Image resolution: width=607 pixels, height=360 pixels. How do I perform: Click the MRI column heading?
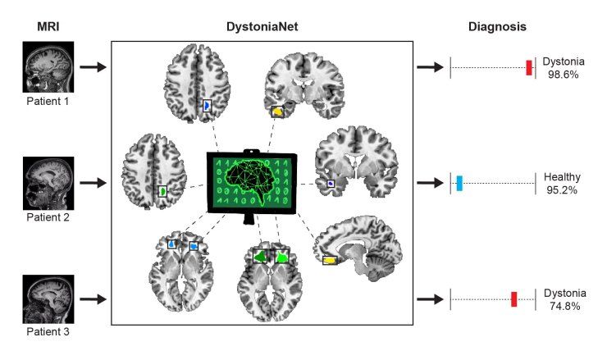[x=48, y=27]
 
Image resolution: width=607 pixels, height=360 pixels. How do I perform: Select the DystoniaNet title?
[x=262, y=27]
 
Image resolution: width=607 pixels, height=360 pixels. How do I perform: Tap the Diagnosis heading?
[x=497, y=27]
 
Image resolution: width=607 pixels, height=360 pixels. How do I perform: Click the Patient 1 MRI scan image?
[x=48, y=67]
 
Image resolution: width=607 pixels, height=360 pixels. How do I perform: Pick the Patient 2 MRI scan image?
[x=48, y=183]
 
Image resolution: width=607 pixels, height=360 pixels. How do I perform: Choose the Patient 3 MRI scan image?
[x=48, y=299]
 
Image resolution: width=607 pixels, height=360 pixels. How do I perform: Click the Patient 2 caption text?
[x=48, y=217]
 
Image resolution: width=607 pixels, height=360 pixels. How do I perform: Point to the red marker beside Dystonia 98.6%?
[x=529, y=68]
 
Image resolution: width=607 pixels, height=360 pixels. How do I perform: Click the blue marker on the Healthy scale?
[x=459, y=183]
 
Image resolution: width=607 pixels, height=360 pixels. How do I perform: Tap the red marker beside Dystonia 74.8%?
[x=513, y=299]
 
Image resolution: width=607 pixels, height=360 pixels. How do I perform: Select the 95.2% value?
[x=562, y=190]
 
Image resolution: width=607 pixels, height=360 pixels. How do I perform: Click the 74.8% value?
[x=565, y=306]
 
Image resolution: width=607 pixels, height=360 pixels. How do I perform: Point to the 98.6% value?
[x=564, y=75]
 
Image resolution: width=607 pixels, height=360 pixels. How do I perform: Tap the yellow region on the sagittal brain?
[x=330, y=261]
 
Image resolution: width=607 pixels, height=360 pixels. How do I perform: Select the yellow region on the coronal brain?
[x=277, y=112]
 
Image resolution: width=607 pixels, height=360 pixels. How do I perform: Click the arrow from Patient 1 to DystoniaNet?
[x=93, y=67]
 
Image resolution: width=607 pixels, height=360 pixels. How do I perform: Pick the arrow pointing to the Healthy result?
[x=430, y=183]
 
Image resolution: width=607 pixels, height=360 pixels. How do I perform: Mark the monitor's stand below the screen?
[x=249, y=219]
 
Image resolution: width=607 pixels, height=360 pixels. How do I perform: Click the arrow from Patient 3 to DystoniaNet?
[x=93, y=299]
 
